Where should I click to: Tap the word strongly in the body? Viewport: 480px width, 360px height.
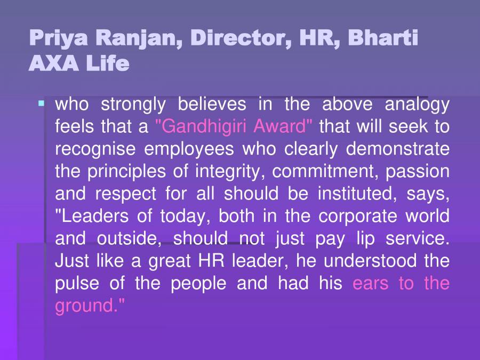(x=133, y=104)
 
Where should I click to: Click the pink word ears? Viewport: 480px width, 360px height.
(x=371, y=283)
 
